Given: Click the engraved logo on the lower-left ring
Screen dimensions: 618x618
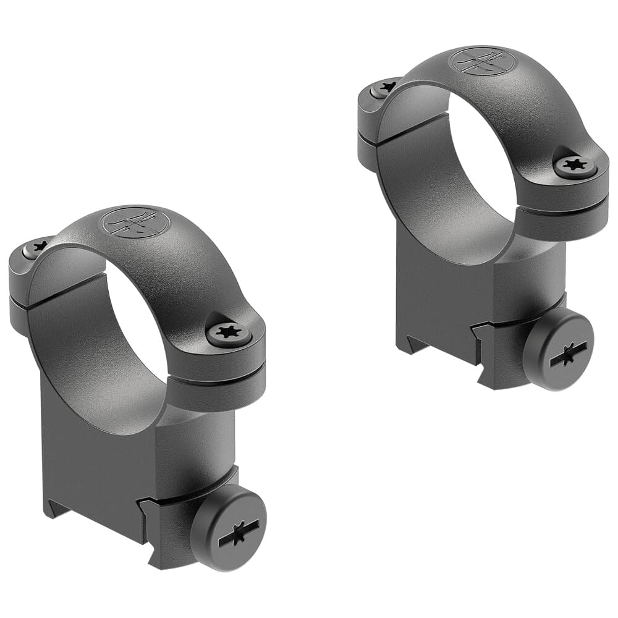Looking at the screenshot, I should [135, 221].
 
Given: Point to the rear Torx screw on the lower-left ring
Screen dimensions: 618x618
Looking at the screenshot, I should [35, 248].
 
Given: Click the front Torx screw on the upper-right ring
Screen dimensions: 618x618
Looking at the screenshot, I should [575, 166].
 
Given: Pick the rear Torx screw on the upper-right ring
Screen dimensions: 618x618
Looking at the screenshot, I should [384, 88].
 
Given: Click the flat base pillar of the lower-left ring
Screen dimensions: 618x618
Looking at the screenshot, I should [93, 457].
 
